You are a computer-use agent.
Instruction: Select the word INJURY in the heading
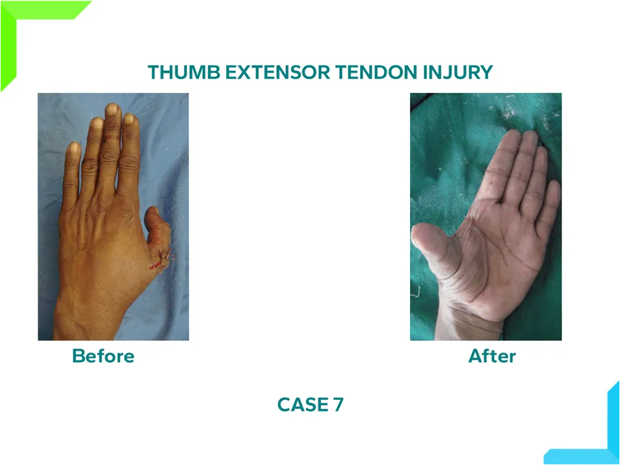pyautogui.click(x=458, y=72)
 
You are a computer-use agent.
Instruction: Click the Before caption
pyautogui.click(x=103, y=356)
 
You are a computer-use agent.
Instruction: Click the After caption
pyautogui.click(x=492, y=356)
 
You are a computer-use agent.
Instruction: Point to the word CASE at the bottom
pyautogui.click(x=302, y=405)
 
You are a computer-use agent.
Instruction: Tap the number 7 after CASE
pyautogui.click(x=338, y=405)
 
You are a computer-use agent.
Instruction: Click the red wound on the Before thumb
pyautogui.click(x=161, y=260)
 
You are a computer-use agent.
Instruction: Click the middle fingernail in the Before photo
pyautogui.click(x=112, y=109)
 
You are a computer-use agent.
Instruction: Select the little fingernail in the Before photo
pyautogui.click(x=74, y=148)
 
